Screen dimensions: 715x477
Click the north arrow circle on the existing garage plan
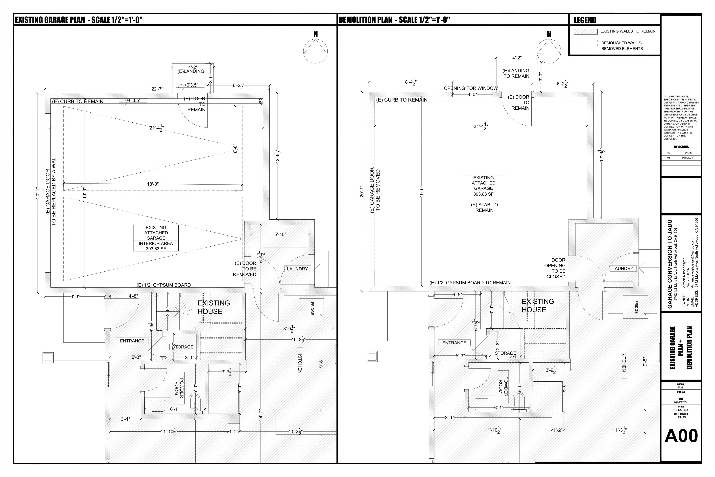(316, 51)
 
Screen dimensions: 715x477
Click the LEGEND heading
(585, 20)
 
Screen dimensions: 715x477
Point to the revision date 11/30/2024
(688, 158)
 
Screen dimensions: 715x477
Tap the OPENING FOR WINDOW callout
(471, 88)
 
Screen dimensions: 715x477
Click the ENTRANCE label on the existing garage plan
(132, 341)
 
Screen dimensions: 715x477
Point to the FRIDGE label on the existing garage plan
(312, 308)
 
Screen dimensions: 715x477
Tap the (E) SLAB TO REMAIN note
(484, 208)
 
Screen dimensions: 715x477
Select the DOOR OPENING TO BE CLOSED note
(555, 268)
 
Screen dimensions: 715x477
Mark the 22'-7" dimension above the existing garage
(157, 89)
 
